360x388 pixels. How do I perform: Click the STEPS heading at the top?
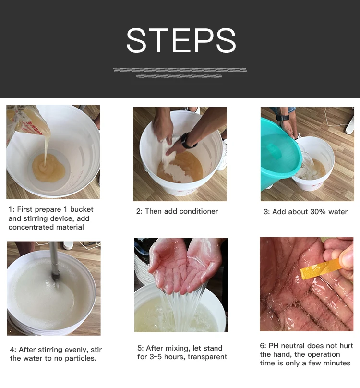tap(181, 40)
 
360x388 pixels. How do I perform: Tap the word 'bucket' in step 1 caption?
tap(82, 209)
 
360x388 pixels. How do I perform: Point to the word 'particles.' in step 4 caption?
tap(81, 358)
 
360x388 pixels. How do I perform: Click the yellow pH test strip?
tap(321, 269)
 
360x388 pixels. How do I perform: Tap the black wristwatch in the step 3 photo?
tap(283, 117)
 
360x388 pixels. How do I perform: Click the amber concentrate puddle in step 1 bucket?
tap(48, 168)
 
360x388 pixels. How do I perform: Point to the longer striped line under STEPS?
tap(180, 70)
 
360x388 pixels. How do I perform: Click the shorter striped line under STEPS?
tap(179, 76)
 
